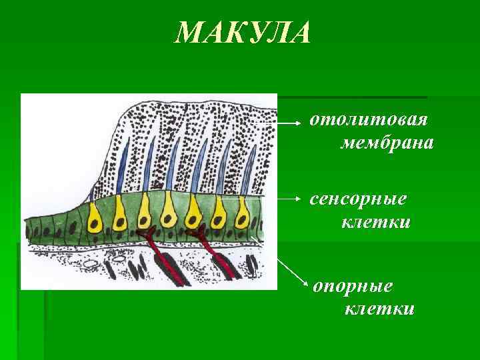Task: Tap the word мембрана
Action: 387,143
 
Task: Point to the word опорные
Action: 353,286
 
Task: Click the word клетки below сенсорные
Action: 376,221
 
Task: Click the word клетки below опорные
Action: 379,309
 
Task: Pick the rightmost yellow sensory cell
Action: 241,213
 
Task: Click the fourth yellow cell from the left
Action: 169,213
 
